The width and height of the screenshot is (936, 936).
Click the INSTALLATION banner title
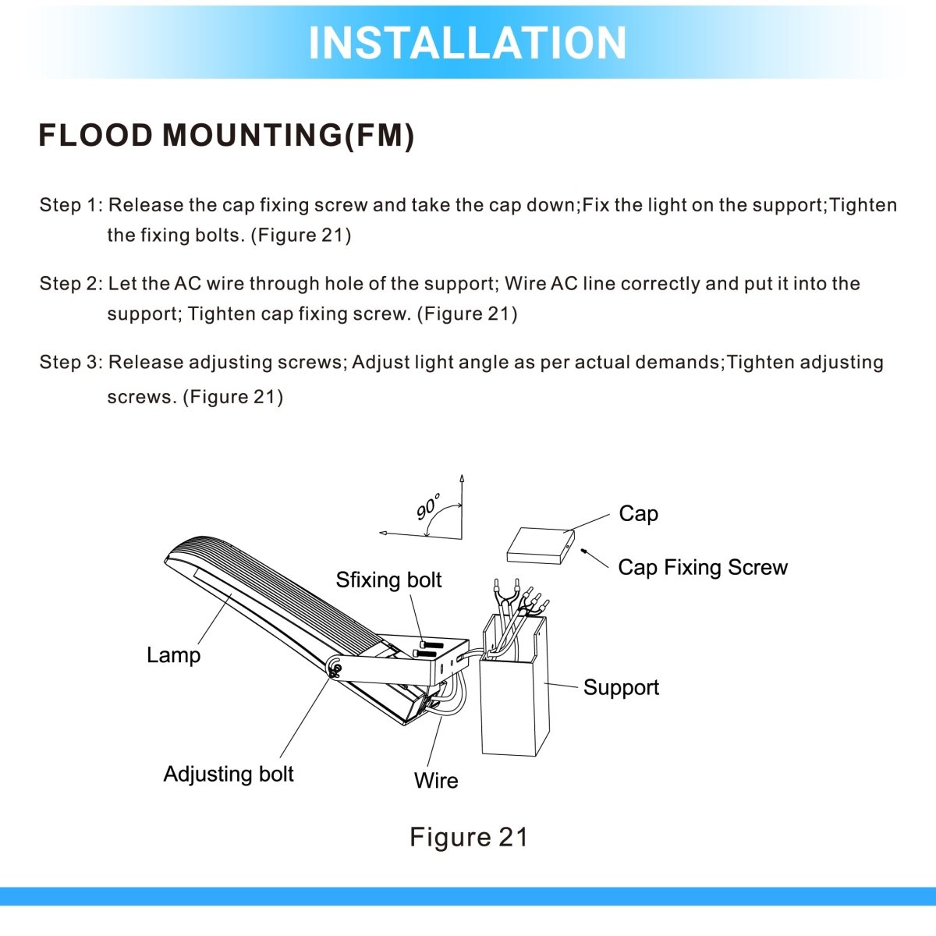[x=467, y=43]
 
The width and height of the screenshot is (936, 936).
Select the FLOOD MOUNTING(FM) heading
[x=226, y=136]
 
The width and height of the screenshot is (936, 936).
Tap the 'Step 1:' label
[x=70, y=205]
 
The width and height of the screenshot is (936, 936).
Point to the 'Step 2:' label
[x=70, y=284]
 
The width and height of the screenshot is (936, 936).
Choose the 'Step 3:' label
[x=70, y=363]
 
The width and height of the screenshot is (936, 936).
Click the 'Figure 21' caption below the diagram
[x=469, y=837]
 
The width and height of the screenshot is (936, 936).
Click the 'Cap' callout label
[x=638, y=514]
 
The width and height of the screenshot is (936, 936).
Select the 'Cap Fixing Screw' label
[x=702, y=568]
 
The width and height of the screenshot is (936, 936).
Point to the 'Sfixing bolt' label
[x=388, y=580]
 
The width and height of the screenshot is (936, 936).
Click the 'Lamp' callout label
[x=173, y=655]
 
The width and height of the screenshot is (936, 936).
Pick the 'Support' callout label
[x=621, y=688]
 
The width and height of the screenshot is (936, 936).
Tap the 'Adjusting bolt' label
[x=229, y=775]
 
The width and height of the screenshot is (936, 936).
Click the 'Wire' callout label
[x=436, y=781]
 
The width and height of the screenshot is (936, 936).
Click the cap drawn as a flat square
[x=540, y=546]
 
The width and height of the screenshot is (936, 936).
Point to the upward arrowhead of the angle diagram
[x=463, y=478]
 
